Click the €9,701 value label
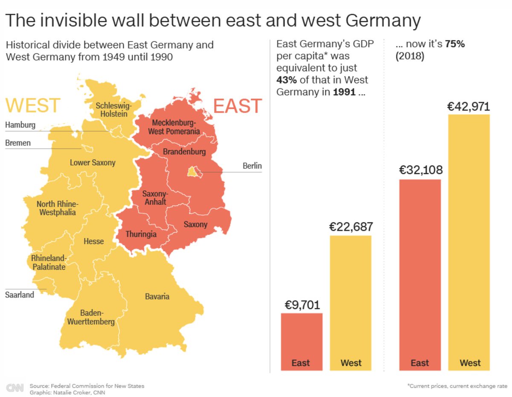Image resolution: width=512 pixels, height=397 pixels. tap(302, 305)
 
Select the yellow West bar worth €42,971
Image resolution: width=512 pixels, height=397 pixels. tap(470, 239)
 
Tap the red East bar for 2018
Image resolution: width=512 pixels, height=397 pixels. tap(420, 273)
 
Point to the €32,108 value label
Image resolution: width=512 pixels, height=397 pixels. tap(421, 170)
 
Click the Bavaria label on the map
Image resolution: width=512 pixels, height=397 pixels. tap(157, 296)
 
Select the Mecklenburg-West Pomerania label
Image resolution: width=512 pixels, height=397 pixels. tap(174, 127)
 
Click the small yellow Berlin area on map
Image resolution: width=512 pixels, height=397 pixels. tap(193, 172)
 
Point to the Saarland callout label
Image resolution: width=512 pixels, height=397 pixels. tap(20, 295)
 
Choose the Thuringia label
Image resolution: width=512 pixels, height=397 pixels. tap(141, 234)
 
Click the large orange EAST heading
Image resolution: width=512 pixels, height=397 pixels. tap(237, 106)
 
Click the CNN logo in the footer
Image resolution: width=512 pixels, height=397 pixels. tap(15, 388)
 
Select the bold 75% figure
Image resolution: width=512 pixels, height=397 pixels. tap(455, 44)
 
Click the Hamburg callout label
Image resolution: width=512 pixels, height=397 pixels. tap(20, 125)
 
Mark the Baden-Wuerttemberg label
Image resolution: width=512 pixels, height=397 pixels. tap(90, 317)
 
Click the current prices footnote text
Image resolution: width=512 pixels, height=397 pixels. tap(457, 385)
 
